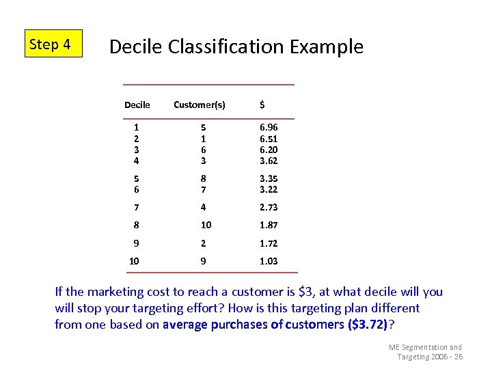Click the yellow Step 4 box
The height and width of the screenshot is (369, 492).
(x=53, y=44)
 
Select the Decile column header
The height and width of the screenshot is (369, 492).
(x=137, y=105)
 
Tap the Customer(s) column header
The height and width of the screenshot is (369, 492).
(x=200, y=105)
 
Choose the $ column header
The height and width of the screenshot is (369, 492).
(x=262, y=105)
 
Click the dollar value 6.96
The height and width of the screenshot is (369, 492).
(x=269, y=127)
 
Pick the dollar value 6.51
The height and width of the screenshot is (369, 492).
(x=269, y=139)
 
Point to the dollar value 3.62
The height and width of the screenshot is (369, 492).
(x=269, y=161)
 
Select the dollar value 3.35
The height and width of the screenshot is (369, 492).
(x=269, y=178)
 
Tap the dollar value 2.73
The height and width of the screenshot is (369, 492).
(x=269, y=207)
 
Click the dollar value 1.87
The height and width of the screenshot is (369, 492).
(x=269, y=225)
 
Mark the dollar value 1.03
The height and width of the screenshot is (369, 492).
(x=269, y=261)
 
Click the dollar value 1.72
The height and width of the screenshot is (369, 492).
(x=269, y=243)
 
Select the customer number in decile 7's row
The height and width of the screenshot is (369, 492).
(x=203, y=207)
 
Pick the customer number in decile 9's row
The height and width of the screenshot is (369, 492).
(x=203, y=243)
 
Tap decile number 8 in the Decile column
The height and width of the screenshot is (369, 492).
(x=137, y=225)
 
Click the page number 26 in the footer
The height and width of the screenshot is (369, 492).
(x=458, y=357)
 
